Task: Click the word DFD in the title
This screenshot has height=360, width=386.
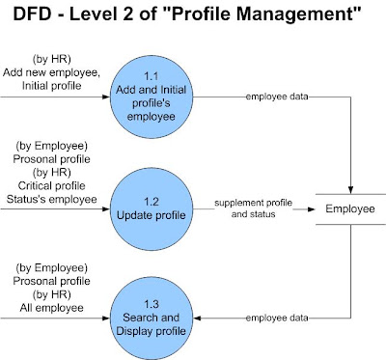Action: click(32, 14)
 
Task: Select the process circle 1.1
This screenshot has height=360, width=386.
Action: click(152, 97)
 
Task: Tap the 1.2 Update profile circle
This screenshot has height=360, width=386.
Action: click(152, 208)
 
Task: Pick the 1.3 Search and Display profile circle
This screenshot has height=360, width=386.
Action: click(152, 318)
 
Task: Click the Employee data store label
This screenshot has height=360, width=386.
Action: click(350, 208)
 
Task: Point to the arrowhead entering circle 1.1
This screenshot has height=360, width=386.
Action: click(106, 97)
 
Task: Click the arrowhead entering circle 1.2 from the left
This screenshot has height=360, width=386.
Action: click(106, 208)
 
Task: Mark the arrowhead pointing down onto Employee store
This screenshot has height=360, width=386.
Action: click(350, 189)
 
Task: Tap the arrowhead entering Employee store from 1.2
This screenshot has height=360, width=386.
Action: click(311, 209)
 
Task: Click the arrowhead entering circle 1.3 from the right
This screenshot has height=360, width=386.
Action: click(197, 318)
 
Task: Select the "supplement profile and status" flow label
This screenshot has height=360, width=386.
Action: click(254, 208)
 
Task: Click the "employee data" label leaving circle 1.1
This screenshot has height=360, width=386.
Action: click(277, 97)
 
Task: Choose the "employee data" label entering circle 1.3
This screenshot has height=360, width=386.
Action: click(277, 318)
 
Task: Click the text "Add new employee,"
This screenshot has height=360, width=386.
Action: click(51, 72)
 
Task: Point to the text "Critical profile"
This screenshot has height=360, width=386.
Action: click(51, 185)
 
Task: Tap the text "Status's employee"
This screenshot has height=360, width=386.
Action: click(51, 199)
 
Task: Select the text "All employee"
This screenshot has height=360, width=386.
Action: click(51, 308)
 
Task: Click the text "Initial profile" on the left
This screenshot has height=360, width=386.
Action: click(51, 86)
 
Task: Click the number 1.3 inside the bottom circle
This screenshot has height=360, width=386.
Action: click(152, 304)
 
